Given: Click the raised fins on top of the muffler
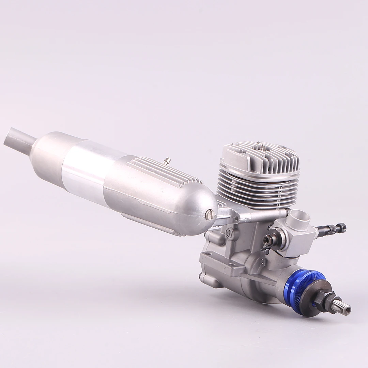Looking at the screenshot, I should tap(164, 172).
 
